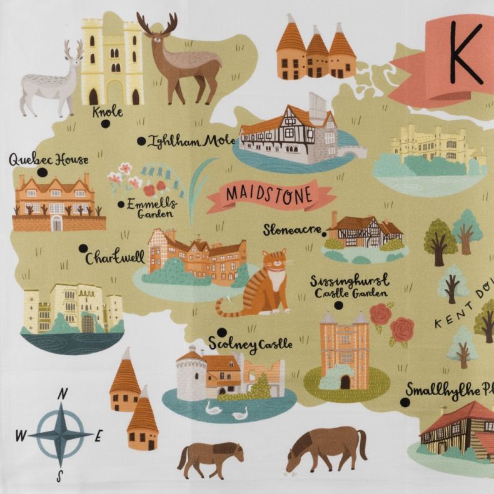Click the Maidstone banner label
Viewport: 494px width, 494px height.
(268, 194)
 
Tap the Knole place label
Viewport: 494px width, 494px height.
(108, 113)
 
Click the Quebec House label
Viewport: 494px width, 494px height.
(49, 159)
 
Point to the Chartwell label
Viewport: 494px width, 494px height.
(115, 257)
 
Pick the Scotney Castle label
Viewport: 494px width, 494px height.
(251, 344)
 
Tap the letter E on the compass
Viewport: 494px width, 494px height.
(98, 436)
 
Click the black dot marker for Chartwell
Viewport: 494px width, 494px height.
(83, 248)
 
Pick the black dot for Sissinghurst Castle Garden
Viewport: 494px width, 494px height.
(339, 305)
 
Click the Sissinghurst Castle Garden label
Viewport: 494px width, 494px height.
(350, 285)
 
